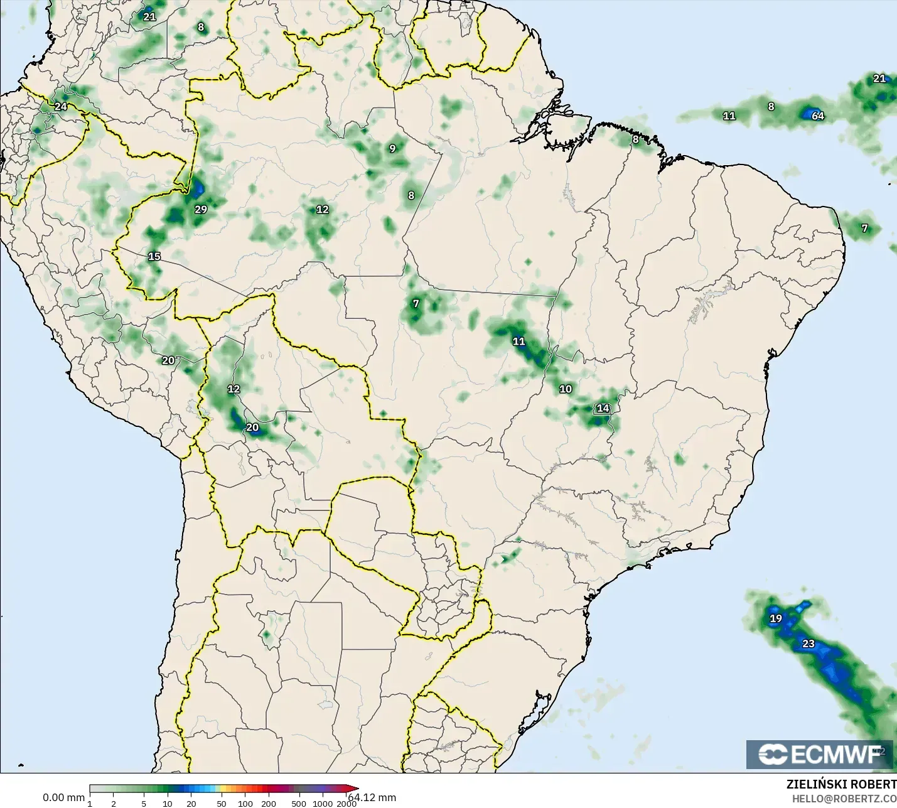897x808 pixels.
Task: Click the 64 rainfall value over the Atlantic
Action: [817, 116]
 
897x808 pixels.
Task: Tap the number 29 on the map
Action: [201, 210]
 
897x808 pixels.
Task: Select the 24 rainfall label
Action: [60, 107]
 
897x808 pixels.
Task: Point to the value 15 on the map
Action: [154, 256]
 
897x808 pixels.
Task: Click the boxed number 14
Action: [603, 408]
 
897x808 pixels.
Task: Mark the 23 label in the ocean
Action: [808, 644]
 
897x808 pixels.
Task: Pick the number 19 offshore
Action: [776, 618]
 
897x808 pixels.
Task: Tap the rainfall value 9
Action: [392, 149]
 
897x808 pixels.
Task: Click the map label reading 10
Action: [566, 389]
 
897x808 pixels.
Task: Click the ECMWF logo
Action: [819, 754]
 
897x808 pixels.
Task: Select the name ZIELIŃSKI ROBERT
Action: [841, 784]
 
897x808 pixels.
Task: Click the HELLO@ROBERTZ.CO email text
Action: [844, 799]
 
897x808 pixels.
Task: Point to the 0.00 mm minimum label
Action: [63, 797]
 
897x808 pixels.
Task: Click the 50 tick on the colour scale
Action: [222, 804]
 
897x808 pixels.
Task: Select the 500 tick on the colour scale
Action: [299, 804]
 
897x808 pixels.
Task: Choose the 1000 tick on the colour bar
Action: [323, 804]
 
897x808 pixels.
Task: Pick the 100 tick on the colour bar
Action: [245, 804]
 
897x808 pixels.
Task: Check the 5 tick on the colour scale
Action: [144, 804]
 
